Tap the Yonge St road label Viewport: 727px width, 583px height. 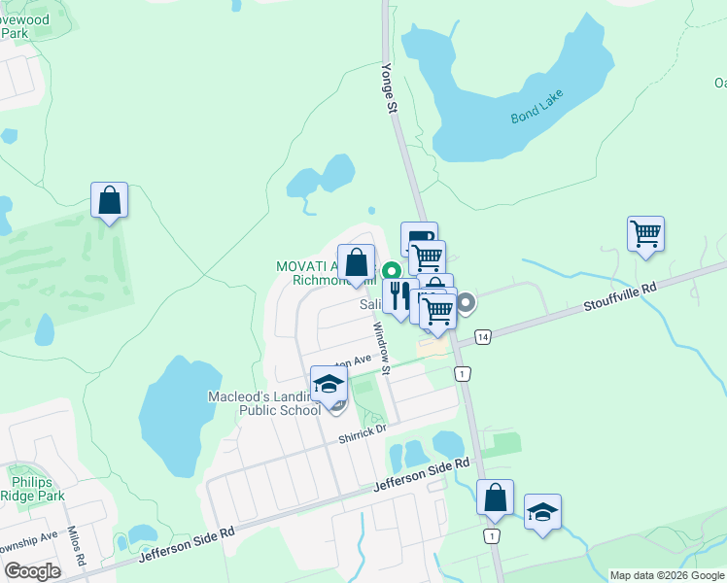[x=392, y=94]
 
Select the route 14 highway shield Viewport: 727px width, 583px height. [x=482, y=337]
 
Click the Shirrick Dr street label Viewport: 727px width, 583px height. [x=363, y=432]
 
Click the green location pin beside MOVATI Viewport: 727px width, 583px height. [x=393, y=271]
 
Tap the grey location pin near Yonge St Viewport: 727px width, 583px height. [x=466, y=303]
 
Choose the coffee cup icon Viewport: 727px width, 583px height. [x=418, y=238]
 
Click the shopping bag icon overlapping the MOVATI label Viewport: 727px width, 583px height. [x=357, y=262]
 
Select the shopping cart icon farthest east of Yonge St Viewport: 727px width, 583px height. [x=645, y=234]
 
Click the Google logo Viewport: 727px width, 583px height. [x=31, y=571]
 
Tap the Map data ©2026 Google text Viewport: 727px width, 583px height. [x=666, y=575]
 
